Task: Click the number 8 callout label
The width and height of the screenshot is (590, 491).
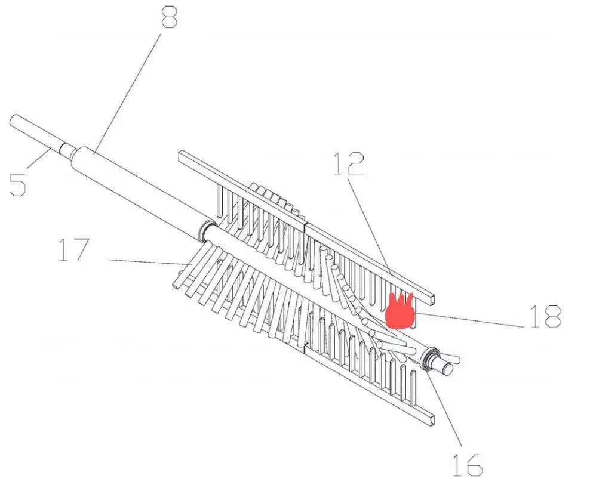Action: click(170, 15)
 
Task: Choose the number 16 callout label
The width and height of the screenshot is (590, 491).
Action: click(468, 465)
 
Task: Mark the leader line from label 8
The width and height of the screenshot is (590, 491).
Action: click(128, 93)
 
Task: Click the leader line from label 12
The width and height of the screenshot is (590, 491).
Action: click(369, 225)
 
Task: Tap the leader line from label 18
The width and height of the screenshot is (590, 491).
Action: click(469, 320)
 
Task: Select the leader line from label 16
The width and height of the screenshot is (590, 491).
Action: click(445, 408)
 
